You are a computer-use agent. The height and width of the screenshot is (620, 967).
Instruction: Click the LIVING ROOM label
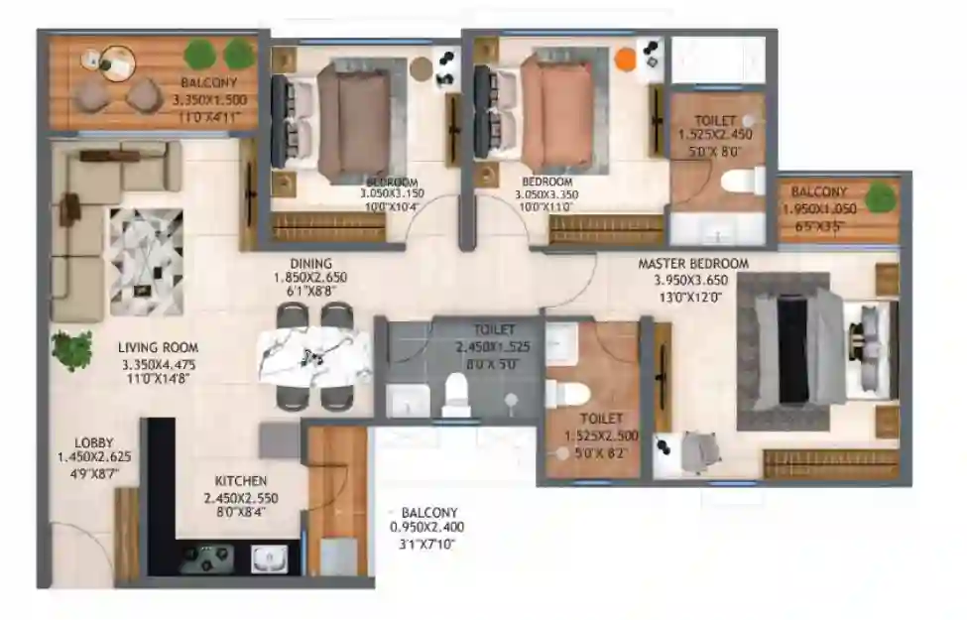158,347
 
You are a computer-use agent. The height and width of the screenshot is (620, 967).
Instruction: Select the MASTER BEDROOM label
692,264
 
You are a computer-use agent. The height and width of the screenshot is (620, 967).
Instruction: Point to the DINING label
310,262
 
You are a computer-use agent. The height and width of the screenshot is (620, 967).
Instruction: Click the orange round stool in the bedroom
625,60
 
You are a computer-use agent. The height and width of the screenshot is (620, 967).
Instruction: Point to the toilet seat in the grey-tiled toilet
457,394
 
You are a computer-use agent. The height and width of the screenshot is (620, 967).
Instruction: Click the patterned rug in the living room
145,261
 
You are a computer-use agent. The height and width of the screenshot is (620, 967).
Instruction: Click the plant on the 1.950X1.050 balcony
879,197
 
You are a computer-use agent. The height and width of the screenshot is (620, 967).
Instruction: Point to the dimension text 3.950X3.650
692,280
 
